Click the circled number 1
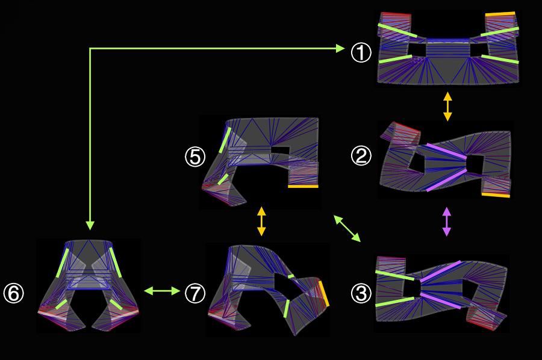coord(361,53)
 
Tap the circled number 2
coord(361,155)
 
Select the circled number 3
coord(361,293)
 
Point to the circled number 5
coord(195,157)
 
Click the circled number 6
coord(13,293)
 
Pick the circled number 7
coord(195,293)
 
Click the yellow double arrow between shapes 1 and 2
coord(447,106)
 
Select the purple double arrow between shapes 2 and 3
coord(447,222)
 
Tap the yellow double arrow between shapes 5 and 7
coord(262,222)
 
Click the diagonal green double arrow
coord(347,228)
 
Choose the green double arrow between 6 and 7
coord(162,291)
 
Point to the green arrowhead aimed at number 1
coord(340,48)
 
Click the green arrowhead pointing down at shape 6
coord(90,226)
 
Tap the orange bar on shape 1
coord(500,14)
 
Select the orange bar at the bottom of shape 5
coord(303,187)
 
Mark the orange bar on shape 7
coord(324,293)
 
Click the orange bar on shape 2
coord(496,195)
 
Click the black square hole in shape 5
coord(280,151)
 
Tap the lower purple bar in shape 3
coord(441,300)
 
